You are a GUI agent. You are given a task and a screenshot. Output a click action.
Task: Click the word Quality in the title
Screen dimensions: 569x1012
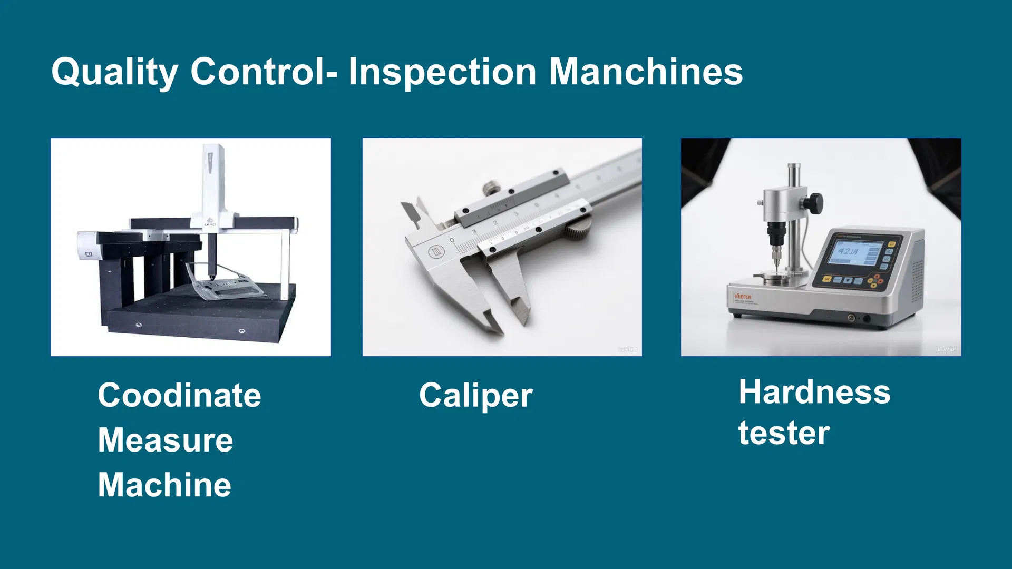click(x=115, y=72)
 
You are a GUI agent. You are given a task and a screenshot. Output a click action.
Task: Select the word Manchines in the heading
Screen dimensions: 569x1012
click(x=646, y=72)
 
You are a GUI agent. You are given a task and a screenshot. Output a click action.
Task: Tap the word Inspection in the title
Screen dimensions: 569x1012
click(x=442, y=72)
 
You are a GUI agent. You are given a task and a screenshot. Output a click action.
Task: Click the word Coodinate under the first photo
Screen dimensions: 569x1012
click(x=179, y=395)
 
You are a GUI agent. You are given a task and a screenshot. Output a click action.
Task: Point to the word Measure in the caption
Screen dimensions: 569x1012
click(x=165, y=440)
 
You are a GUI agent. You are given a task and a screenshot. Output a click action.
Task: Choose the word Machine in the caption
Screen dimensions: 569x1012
click(x=164, y=485)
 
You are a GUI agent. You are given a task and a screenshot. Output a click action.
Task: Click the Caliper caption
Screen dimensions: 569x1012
click(x=475, y=396)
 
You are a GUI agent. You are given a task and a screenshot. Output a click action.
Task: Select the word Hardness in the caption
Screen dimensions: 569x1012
click(x=814, y=393)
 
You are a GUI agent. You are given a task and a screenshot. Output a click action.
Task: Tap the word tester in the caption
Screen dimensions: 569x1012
click(x=784, y=433)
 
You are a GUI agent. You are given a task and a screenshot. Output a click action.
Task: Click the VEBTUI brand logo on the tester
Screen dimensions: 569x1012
click(x=743, y=297)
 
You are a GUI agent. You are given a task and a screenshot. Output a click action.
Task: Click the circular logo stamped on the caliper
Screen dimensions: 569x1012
click(x=436, y=252)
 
